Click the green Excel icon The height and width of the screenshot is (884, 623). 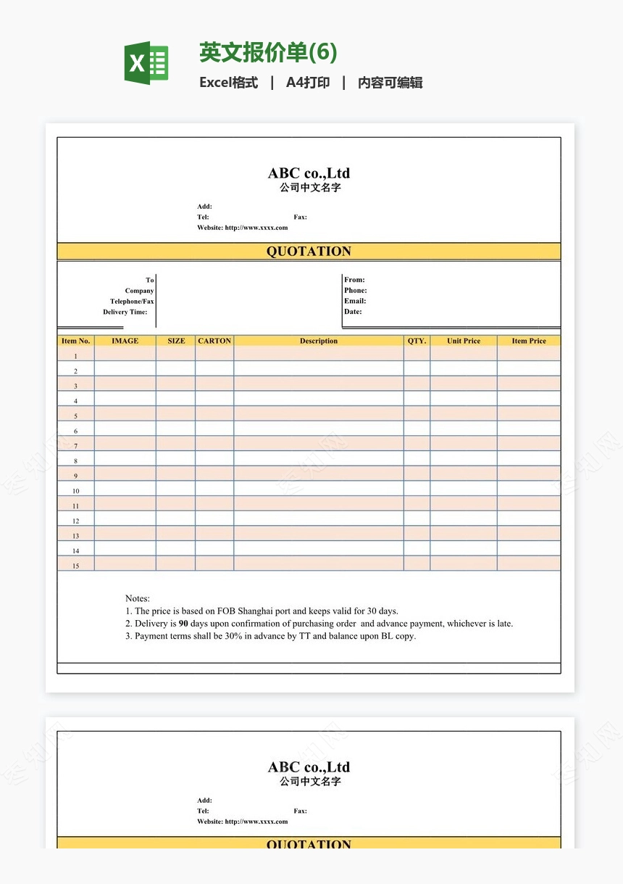[x=147, y=63]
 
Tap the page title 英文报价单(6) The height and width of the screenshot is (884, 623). [x=268, y=53]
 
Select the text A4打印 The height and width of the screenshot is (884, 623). [x=308, y=83]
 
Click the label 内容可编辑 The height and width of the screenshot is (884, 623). [x=390, y=83]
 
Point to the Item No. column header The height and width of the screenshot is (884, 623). [x=75, y=341]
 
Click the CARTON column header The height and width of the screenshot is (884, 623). [x=214, y=341]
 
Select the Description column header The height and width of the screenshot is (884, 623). [x=319, y=341]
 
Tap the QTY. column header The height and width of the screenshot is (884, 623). [x=417, y=341]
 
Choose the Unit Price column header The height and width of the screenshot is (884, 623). [x=464, y=341]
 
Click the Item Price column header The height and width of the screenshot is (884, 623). [x=529, y=341]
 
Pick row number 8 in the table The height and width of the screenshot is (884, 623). [x=75, y=460]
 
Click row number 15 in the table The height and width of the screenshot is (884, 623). [x=75, y=566]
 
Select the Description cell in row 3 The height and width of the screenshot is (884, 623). [x=319, y=384]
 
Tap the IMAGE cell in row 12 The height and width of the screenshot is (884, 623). [x=125, y=519]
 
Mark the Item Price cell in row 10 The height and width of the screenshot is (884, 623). [x=529, y=489]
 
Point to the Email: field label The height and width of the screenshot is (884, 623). [x=355, y=301]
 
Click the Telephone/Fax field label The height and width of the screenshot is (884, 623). [x=132, y=302]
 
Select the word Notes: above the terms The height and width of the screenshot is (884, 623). [x=138, y=598]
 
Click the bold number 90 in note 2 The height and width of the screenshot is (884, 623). [x=183, y=624]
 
